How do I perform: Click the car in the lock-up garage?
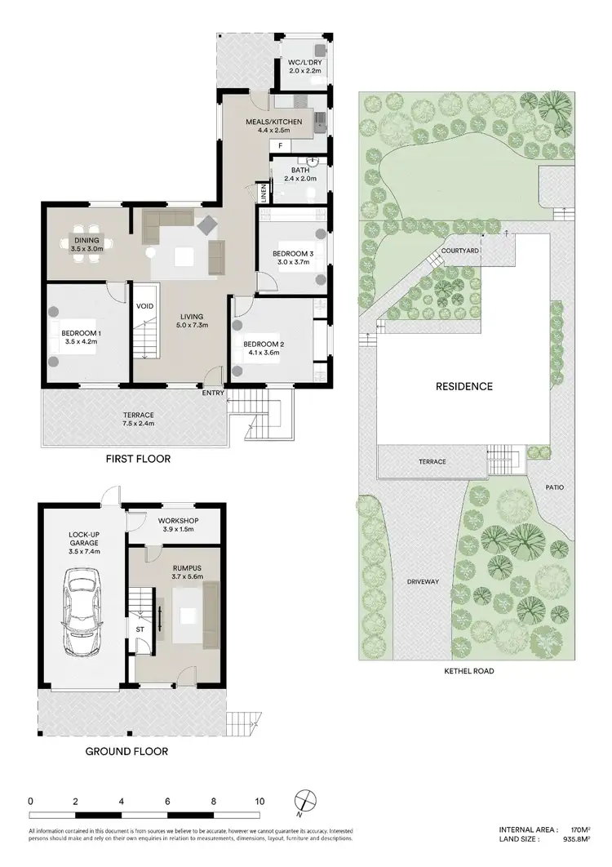pyautogui.click(x=82, y=605)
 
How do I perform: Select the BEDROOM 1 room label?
pyautogui.click(x=81, y=332)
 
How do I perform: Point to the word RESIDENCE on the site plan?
pyautogui.click(x=463, y=386)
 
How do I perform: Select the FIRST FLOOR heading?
pyautogui.click(x=138, y=459)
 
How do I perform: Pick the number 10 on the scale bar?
pyautogui.click(x=259, y=802)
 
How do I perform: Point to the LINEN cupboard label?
pyautogui.click(x=264, y=193)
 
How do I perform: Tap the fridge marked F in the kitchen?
pyautogui.click(x=281, y=145)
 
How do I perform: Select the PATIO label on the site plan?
pyautogui.click(x=556, y=487)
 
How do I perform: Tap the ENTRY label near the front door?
pyautogui.click(x=214, y=393)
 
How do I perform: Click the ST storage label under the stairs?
pyautogui.click(x=140, y=629)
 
